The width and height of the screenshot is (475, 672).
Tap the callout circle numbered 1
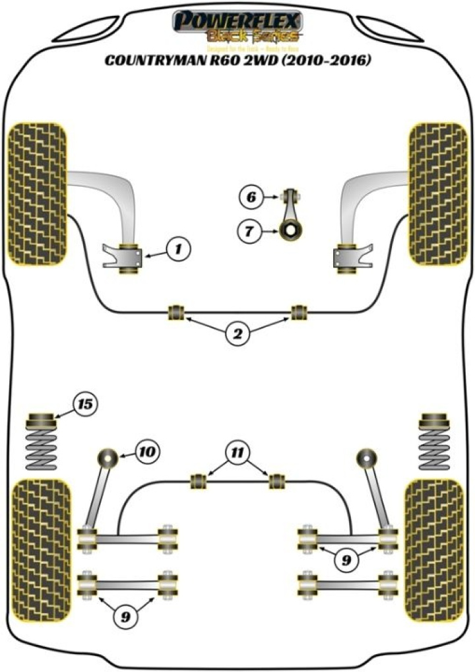[176, 249]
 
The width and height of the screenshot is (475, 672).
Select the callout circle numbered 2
[237, 335]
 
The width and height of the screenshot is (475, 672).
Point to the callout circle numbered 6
[251, 196]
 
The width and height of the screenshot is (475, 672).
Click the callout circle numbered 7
[251, 231]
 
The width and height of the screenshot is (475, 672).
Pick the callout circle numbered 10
[147, 452]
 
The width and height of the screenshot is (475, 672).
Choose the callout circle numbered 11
[237, 452]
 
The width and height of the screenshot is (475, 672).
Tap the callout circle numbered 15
[84, 403]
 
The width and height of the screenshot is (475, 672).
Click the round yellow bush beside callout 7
[288, 232]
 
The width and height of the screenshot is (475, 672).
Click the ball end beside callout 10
[108, 456]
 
